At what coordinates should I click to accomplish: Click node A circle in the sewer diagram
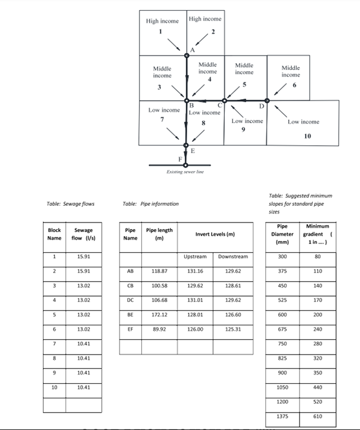point(187,56)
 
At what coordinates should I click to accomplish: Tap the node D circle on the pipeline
point(267,100)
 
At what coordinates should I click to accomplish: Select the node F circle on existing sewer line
point(186,164)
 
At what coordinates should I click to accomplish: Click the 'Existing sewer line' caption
point(185,172)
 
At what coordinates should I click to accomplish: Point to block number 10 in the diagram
point(307,136)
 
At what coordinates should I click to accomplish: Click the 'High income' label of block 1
point(162,21)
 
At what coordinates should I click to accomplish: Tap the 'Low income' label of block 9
point(247,121)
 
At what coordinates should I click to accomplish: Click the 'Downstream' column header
point(229,256)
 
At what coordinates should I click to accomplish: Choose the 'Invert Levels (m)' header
point(212,234)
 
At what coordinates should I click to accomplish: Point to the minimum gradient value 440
point(318,387)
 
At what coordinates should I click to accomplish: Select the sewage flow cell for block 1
point(84,256)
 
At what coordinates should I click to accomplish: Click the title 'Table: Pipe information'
point(150,204)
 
